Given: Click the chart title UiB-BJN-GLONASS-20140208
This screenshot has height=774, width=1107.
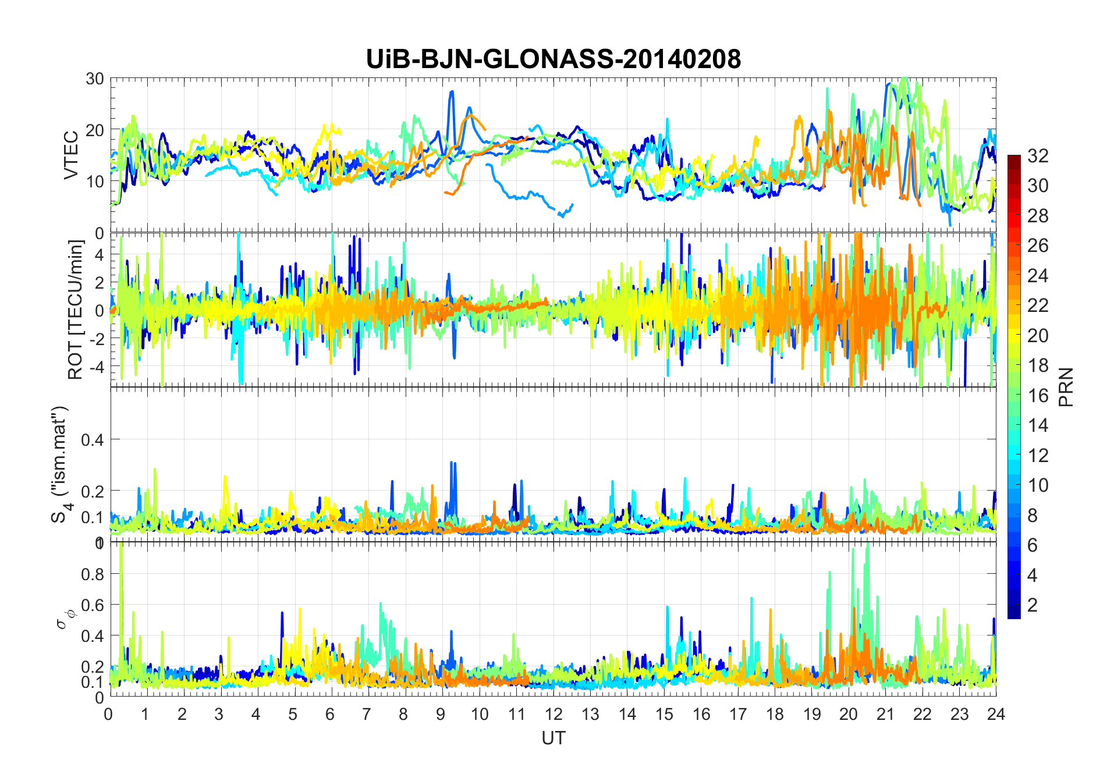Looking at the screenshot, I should point(553,59).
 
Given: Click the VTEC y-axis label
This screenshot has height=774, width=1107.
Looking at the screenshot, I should point(71,155).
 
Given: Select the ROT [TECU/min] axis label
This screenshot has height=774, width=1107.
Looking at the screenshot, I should point(76,310).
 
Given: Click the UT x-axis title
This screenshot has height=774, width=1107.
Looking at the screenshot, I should point(553,739).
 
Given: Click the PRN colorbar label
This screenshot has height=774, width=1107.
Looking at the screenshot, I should point(1066,387).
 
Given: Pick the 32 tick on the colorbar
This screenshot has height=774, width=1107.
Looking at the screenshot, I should point(1037,156).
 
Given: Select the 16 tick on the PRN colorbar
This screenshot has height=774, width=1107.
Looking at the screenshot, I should point(1037,396).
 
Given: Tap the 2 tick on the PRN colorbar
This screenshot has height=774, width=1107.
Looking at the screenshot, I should point(1032,605).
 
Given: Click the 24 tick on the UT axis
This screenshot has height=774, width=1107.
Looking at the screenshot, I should point(996,714).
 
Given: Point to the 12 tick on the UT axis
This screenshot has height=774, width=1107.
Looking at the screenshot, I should point(553,714).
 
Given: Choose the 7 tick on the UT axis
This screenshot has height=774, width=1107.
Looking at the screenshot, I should point(366,714).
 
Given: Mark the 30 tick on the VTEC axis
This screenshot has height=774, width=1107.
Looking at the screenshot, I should point(95,79).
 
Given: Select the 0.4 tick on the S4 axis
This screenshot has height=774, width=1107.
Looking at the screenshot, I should point(93,439).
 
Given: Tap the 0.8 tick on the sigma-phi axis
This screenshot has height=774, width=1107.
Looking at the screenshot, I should point(93,574).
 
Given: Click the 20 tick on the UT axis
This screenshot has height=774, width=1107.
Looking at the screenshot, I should point(848,714).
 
